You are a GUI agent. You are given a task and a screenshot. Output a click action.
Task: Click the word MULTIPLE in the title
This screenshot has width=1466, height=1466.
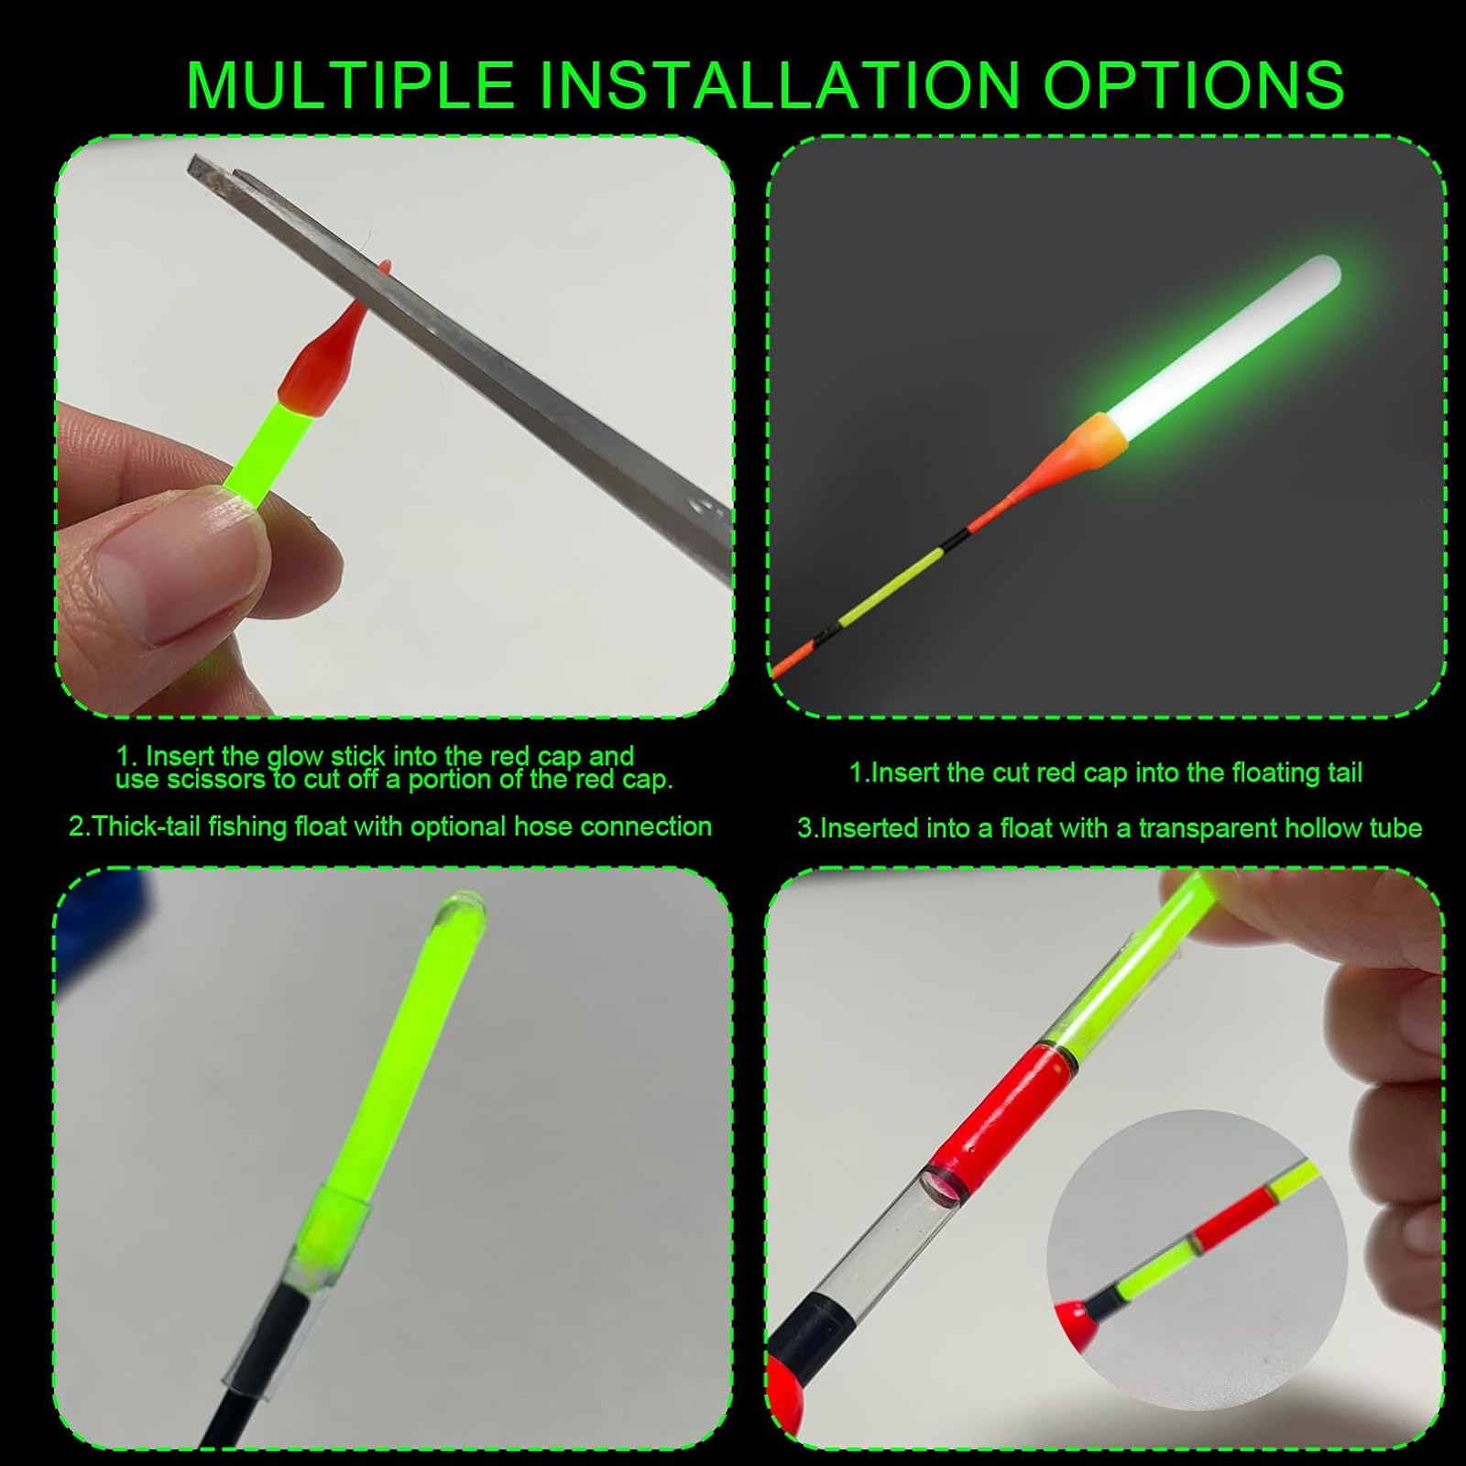point(350,85)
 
